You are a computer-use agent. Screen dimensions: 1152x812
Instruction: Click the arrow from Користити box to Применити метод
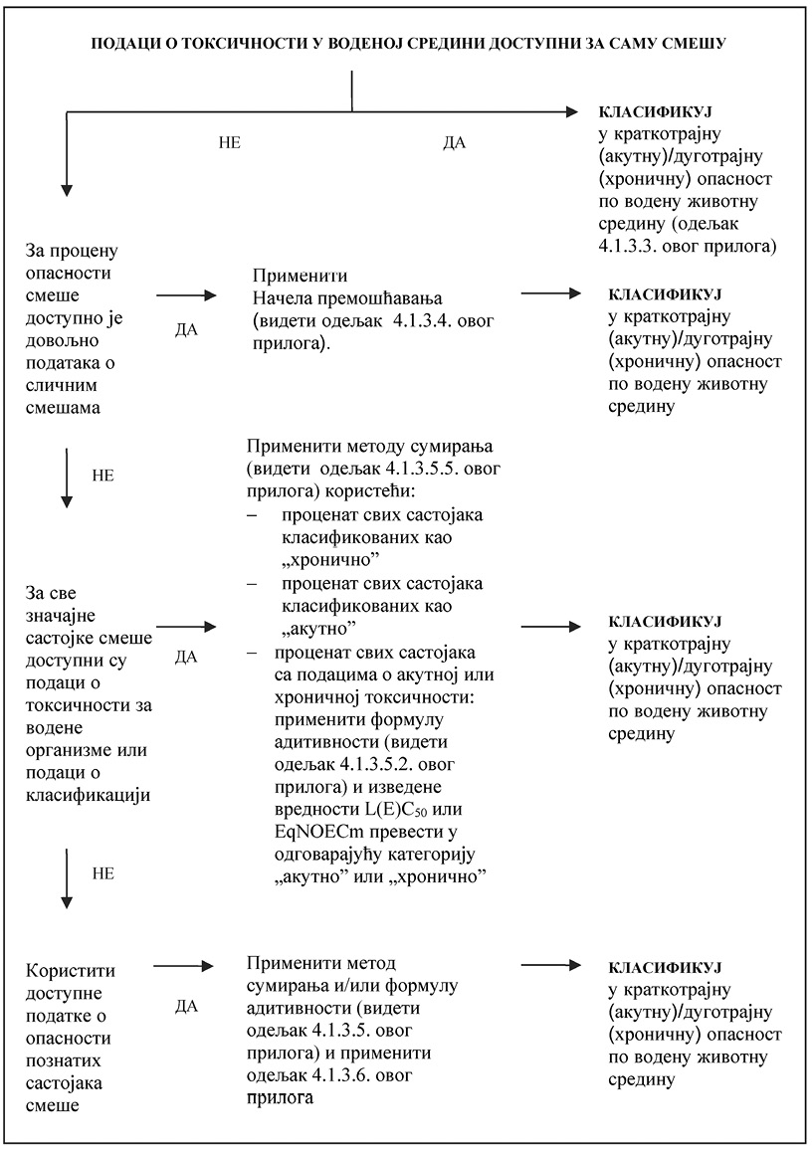point(186,966)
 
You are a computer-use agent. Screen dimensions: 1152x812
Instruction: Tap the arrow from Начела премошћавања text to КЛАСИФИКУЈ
point(557,294)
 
